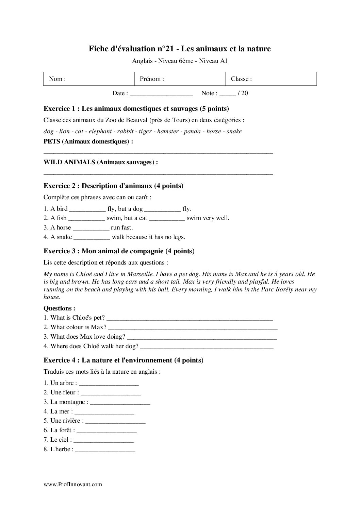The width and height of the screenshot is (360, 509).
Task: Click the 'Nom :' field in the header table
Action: click(89, 79)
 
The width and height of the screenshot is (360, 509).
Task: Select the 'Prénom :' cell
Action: click(180, 79)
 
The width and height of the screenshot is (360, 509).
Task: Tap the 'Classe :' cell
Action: click(271, 79)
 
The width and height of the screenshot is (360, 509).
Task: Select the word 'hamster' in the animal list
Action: click(167, 131)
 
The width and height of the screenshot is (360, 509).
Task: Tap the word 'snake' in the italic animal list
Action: click(234, 131)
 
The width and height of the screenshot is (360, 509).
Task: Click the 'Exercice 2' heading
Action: click(113, 186)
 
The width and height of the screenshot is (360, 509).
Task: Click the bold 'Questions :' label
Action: click(60, 308)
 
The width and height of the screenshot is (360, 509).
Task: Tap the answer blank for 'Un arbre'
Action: click(109, 384)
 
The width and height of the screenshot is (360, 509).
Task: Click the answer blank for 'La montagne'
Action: click(120, 403)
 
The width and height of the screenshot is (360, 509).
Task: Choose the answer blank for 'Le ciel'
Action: click(103, 440)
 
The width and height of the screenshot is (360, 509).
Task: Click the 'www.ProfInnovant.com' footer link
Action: click(73, 485)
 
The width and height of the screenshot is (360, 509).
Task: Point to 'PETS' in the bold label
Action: click(52, 141)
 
